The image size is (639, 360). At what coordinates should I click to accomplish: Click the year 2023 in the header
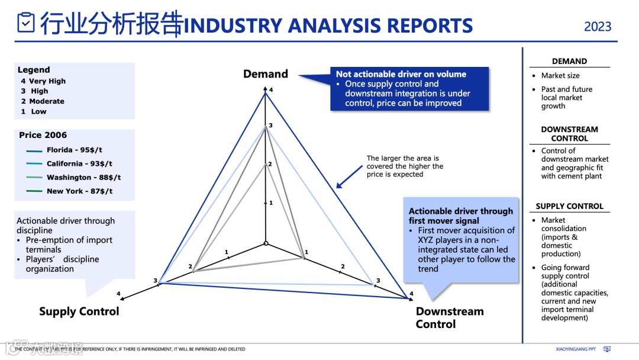tap(598, 27)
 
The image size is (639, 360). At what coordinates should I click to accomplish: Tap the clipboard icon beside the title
tap(26, 23)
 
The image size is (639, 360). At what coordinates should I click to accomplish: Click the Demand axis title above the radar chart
tap(266, 74)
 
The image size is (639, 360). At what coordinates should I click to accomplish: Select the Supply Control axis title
tap(79, 311)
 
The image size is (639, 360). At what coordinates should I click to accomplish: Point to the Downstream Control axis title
tap(450, 317)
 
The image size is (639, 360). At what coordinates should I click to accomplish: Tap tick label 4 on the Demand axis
tap(271, 90)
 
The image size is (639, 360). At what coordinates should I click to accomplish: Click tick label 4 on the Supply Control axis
tap(118, 294)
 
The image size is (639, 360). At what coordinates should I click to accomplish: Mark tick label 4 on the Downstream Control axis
tap(411, 294)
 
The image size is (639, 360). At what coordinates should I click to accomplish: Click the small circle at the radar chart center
tap(266, 243)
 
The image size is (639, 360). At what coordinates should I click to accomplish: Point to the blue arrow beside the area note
tap(349, 176)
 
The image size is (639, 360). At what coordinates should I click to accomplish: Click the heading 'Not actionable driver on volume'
tap(401, 75)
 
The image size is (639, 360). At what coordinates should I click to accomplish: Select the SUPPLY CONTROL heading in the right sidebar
tap(569, 207)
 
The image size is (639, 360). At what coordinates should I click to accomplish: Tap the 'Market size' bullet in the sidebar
tap(560, 76)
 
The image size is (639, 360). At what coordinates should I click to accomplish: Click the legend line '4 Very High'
tap(43, 82)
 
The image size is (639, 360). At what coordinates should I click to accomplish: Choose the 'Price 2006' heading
tap(43, 135)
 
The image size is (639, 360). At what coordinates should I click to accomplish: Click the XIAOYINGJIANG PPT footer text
tap(576, 349)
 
